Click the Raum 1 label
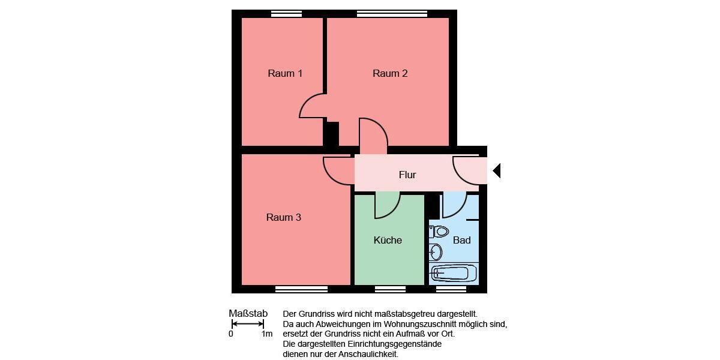tap(285, 73)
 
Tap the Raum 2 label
tap(390, 73)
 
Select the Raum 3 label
tap(284, 217)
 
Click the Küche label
tap(388, 240)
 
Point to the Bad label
tap(461, 240)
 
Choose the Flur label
tap(407, 175)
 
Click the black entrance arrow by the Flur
tap(497, 171)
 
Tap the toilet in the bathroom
tap(440, 231)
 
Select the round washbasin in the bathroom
tap(436, 251)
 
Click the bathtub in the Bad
tap(454, 273)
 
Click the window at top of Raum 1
tap(286, 14)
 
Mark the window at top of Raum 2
tap(392, 14)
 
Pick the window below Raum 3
tap(301, 289)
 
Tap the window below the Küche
tap(390, 289)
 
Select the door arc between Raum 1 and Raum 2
tap(310, 107)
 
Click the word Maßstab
tap(248, 313)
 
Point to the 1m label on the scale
tap(267, 334)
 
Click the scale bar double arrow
tap(248, 324)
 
